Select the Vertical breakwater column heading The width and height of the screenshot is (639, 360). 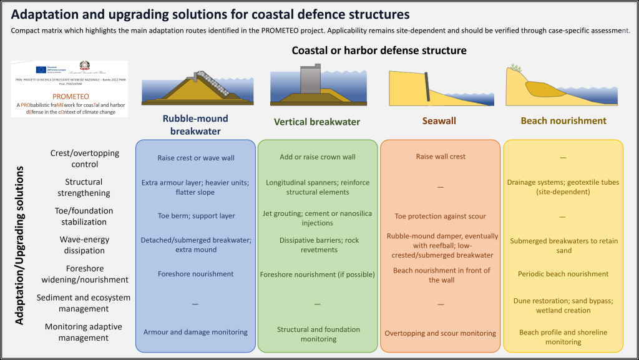pos(317,122)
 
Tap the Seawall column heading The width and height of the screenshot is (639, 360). pos(441,121)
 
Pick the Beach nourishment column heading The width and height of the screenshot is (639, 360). pos(563,121)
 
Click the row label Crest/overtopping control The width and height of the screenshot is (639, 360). pos(84,158)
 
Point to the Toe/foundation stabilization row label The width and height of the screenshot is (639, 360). pos(84,216)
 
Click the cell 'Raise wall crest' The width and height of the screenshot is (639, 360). pos(441,157)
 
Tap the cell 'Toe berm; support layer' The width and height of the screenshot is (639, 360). pos(195,216)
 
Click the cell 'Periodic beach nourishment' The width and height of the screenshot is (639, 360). pos(563,274)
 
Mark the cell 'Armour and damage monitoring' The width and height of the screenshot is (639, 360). pos(195,332)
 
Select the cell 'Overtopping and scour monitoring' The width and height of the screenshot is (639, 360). pos(441,333)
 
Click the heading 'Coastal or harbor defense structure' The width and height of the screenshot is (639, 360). pos(379,50)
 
